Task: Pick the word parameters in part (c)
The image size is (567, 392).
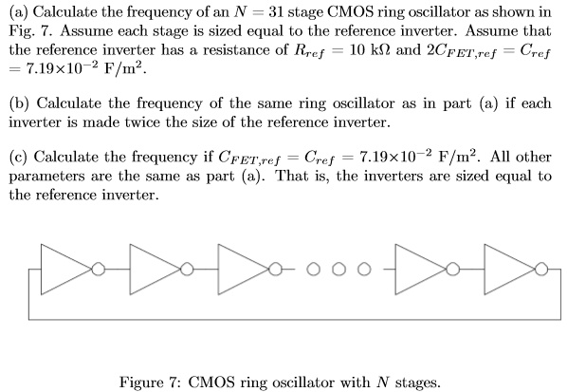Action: (x=48, y=177)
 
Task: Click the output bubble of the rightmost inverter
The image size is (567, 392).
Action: (x=542, y=269)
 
